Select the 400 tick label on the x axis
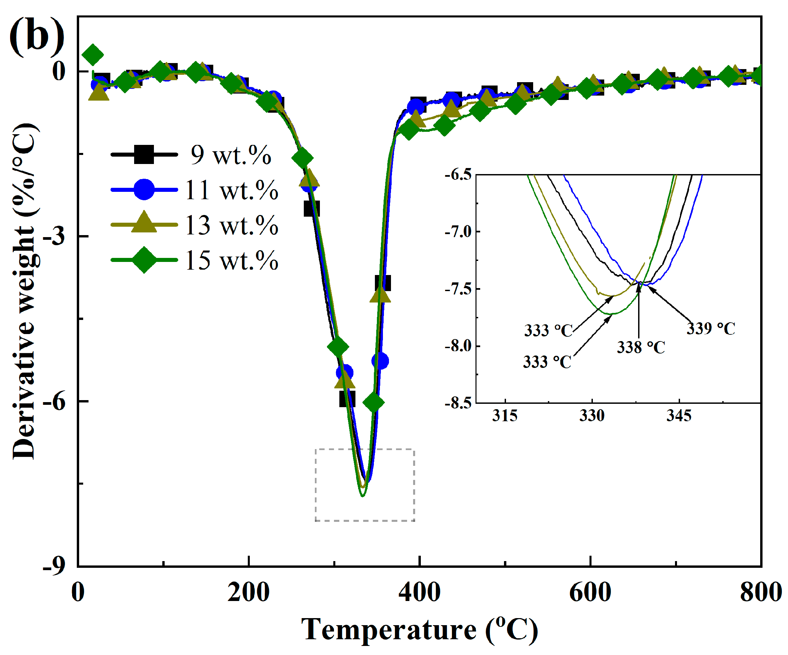419,593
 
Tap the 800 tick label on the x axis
760,593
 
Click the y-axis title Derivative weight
24,291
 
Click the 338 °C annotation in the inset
641,347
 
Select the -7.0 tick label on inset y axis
458,232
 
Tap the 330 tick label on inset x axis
592,416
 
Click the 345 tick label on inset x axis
679,416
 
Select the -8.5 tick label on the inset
458,403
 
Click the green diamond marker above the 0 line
93,55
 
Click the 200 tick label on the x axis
248,593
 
